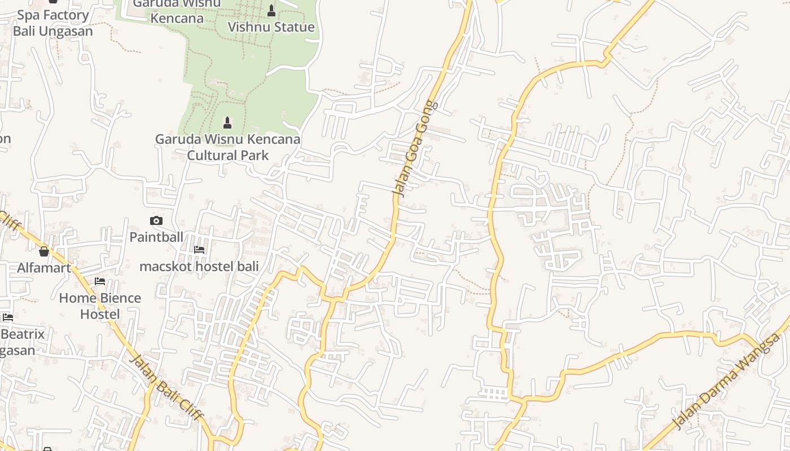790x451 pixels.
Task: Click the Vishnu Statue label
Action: click(x=271, y=27)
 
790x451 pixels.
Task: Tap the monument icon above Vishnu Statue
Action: click(x=271, y=11)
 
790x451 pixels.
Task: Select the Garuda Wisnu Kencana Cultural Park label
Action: click(x=227, y=147)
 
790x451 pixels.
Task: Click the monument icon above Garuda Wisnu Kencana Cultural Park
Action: click(x=227, y=122)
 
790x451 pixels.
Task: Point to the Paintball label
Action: click(x=156, y=237)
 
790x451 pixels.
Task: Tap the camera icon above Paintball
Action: click(x=156, y=220)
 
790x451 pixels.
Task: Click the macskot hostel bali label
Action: click(x=199, y=266)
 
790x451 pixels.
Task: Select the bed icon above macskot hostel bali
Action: click(x=199, y=249)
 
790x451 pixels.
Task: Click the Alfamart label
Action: click(x=44, y=267)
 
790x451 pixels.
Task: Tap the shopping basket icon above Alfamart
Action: click(x=44, y=251)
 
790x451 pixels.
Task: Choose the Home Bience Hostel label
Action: click(x=100, y=306)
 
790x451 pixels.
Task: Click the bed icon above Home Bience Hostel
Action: click(x=100, y=281)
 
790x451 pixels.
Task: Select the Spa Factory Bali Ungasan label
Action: click(x=52, y=23)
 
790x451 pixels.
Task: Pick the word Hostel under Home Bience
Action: click(x=100, y=314)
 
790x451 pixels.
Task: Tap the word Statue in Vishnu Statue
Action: click(x=293, y=27)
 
